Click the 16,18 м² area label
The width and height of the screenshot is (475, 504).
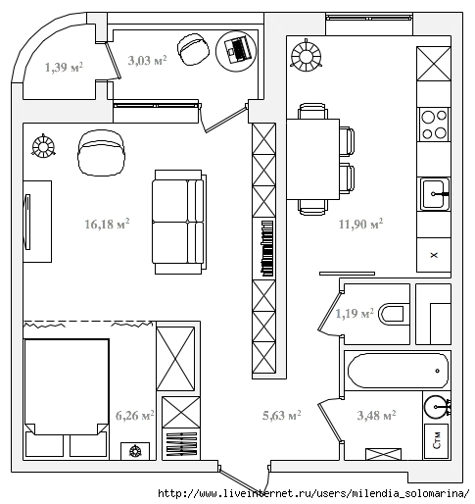pos(107,224)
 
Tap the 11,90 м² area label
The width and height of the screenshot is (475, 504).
pos(360,224)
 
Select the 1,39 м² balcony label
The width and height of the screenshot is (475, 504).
pos(64,67)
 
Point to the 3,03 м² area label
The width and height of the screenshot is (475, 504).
pos(147,60)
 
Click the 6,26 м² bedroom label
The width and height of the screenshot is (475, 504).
pos(135,416)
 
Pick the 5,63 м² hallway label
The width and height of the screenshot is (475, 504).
pos(282,415)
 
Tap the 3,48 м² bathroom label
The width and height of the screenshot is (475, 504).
pos(376,415)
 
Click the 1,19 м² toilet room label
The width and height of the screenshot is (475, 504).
pos(355,314)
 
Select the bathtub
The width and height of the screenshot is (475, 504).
pos(398,371)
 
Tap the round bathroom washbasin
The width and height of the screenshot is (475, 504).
pos(436,407)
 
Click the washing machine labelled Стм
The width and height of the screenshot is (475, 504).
pos(436,441)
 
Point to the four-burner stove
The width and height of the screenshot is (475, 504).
pos(434,125)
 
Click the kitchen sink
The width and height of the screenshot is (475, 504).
pos(434,194)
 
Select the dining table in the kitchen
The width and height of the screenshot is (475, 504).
pos(313,159)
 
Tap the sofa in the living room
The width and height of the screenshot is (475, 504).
pos(179,222)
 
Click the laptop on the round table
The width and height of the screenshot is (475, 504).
pos(237,50)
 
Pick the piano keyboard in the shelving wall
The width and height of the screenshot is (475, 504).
pos(267,248)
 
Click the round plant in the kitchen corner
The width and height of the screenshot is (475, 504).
pos(307,56)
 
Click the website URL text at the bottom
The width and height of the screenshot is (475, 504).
pos(313,493)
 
